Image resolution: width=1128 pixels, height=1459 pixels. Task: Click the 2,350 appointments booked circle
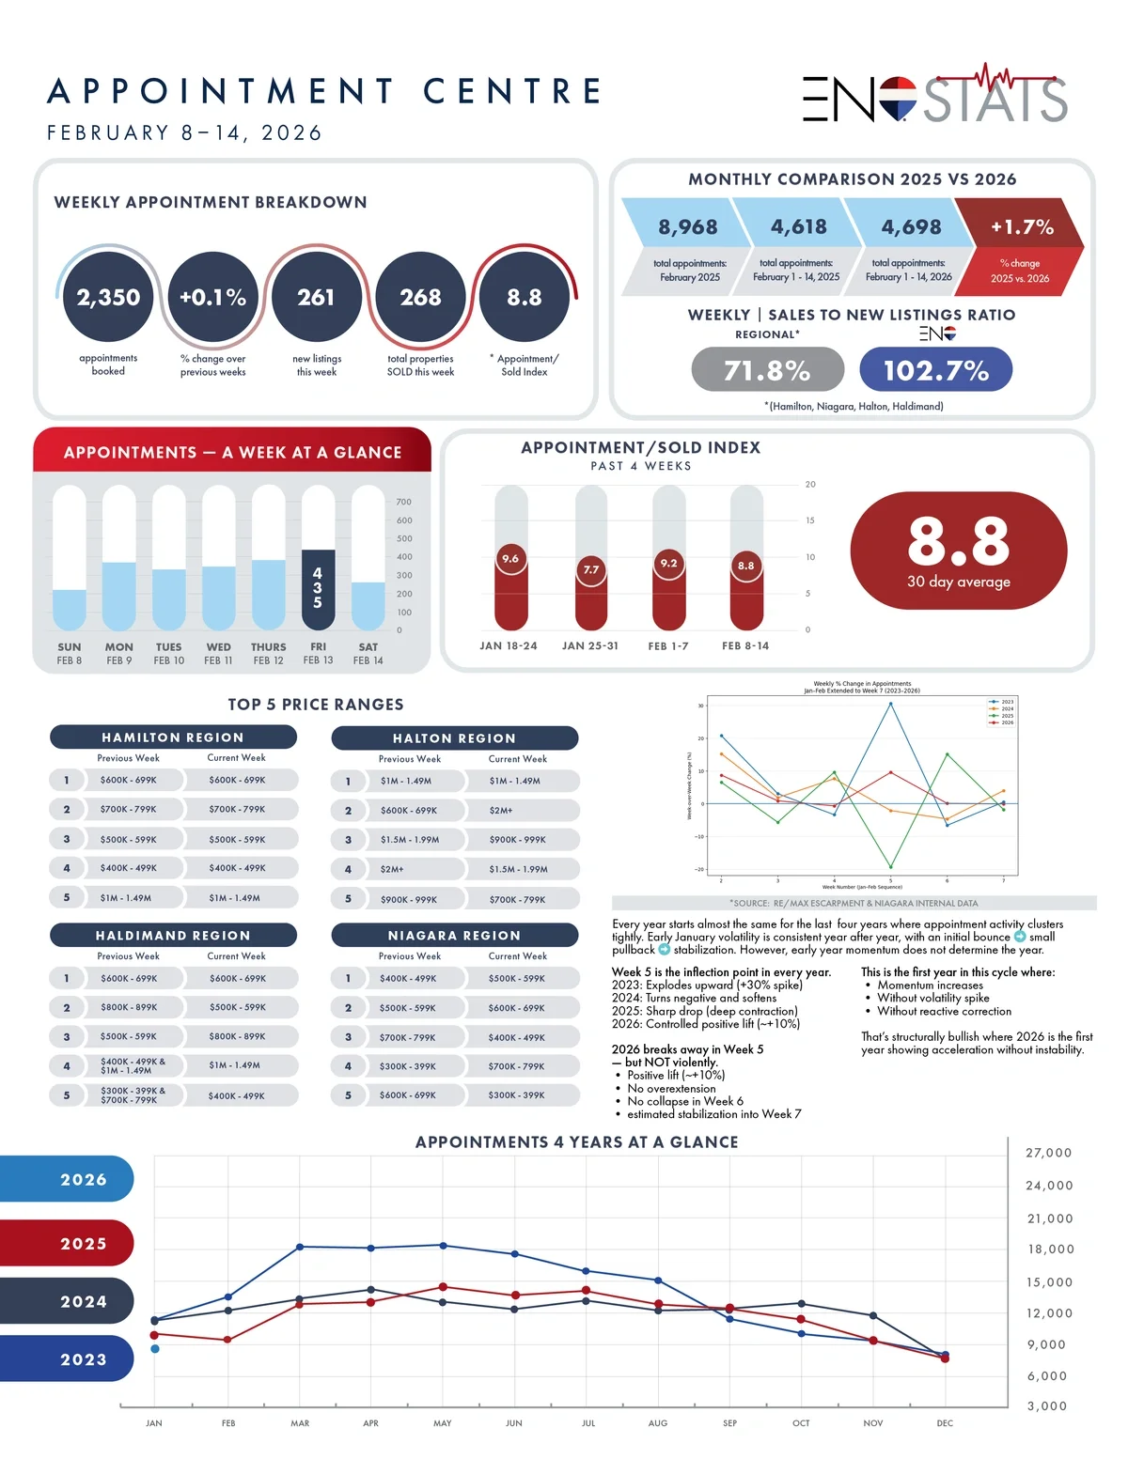[x=108, y=298]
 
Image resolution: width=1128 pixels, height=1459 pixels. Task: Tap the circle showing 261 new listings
[x=316, y=298]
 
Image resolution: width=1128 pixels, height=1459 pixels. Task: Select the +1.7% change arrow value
[x=1022, y=227]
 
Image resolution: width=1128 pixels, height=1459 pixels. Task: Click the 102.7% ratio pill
[x=935, y=370]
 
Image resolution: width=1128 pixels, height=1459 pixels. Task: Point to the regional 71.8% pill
[x=767, y=370]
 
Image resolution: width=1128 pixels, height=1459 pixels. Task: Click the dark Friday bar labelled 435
[x=318, y=589]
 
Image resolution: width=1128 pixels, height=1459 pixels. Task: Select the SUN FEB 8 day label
[x=70, y=653]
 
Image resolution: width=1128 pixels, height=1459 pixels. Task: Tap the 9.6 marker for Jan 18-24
[x=510, y=559]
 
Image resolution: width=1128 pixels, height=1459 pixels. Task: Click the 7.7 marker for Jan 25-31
[x=590, y=569]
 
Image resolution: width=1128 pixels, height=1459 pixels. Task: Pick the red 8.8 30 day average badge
[x=958, y=551]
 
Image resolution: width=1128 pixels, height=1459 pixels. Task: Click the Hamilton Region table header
[x=173, y=737]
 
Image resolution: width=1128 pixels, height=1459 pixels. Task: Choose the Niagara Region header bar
[x=454, y=936]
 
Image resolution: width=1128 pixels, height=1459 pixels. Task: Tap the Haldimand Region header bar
[x=173, y=936]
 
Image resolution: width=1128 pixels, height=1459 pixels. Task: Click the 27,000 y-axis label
[x=1048, y=1153]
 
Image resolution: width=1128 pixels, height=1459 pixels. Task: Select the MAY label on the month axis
[x=443, y=1423]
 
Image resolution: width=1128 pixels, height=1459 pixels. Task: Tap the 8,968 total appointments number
[x=687, y=227]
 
